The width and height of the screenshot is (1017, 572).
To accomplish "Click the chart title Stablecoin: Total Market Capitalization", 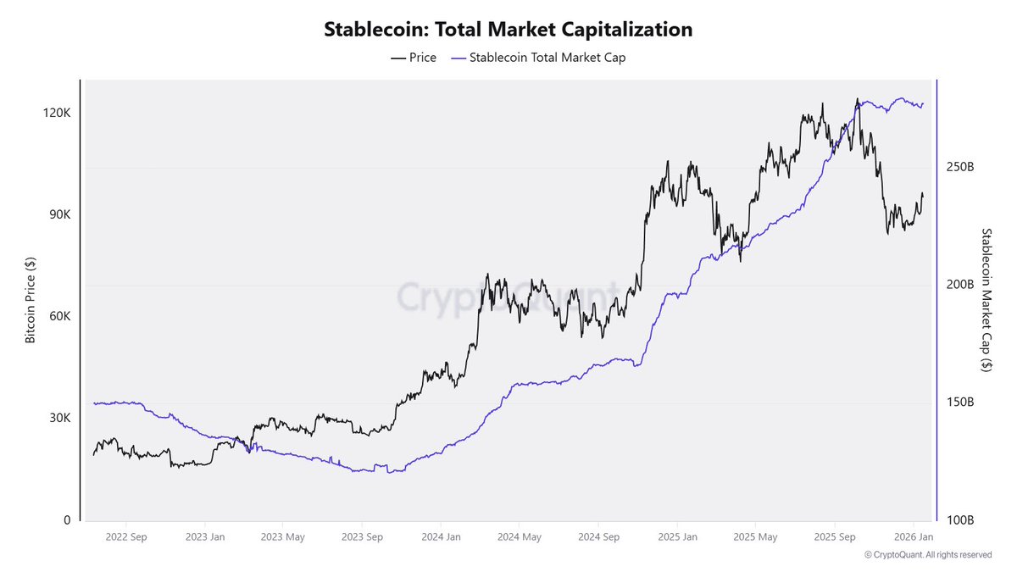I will (x=508, y=30).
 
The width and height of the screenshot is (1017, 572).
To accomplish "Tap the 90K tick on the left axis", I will (x=58, y=215).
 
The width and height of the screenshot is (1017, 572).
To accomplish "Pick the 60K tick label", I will (x=58, y=317).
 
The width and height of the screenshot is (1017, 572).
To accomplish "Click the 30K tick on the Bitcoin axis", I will (x=58, y=419).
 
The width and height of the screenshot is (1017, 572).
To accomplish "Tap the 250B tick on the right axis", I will (x=960, y=168).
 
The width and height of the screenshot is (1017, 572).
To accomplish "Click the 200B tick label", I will (x=960, y=285).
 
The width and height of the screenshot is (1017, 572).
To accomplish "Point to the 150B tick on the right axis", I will (x=960, y=403).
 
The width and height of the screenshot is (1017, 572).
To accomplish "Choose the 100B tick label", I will (x=960, y=520).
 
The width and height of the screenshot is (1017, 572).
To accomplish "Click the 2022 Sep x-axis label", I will (x=126, y=537).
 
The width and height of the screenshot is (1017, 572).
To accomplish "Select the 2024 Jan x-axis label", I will (x=442, y=537).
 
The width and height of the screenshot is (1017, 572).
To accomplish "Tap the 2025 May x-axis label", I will (x=755, y=537).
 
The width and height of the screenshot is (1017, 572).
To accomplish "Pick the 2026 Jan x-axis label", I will (x=914, y=537).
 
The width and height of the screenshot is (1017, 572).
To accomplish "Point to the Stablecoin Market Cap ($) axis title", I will (x=986, y=300).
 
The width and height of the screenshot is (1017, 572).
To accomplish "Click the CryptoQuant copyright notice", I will (x=928, y=555).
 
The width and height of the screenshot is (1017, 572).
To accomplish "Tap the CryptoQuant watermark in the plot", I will (x=508, y=297).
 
